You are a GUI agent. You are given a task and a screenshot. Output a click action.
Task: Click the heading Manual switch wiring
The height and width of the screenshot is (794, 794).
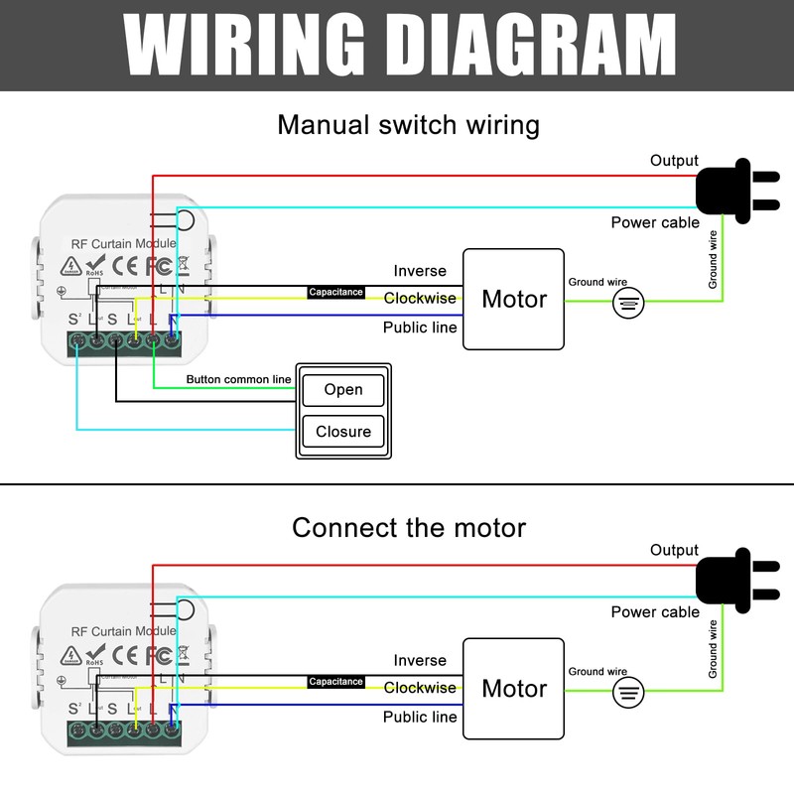coord(408,126)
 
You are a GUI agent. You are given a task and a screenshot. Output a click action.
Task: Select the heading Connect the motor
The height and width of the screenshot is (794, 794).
coord(408,527)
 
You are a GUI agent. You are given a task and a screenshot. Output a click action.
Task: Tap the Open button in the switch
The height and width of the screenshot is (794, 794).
coord(342,390)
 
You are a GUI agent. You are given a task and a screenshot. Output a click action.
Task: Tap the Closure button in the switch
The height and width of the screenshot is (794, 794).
coord(342,432)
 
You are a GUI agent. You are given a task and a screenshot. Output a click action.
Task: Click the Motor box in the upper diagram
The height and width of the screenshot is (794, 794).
coord(513,299)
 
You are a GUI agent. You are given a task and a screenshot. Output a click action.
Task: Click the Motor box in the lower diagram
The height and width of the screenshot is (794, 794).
coord(513,689)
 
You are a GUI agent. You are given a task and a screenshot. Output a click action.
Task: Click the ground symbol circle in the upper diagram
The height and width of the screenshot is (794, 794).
coord(627,303)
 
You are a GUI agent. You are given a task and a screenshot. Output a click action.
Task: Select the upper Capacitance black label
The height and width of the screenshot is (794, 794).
coord(335,293)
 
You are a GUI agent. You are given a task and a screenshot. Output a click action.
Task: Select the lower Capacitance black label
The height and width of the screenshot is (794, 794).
coord(335,682)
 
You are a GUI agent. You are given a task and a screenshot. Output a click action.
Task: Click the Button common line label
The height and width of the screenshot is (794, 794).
coord(239,380)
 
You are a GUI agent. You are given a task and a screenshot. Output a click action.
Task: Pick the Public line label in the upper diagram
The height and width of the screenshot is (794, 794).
coord(420,328)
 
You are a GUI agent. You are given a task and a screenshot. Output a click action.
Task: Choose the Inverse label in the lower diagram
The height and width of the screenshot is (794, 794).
coord(420,660)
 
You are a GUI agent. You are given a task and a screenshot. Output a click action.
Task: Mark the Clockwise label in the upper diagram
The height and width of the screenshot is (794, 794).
coord(420,298)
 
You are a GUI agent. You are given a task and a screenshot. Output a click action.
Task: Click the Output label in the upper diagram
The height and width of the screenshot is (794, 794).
coord(674,161)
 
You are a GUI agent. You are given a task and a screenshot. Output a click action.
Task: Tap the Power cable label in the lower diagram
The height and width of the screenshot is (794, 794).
coord(655,612)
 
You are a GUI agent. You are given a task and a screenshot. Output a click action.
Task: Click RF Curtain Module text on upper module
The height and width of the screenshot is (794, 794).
coord(123,243)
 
